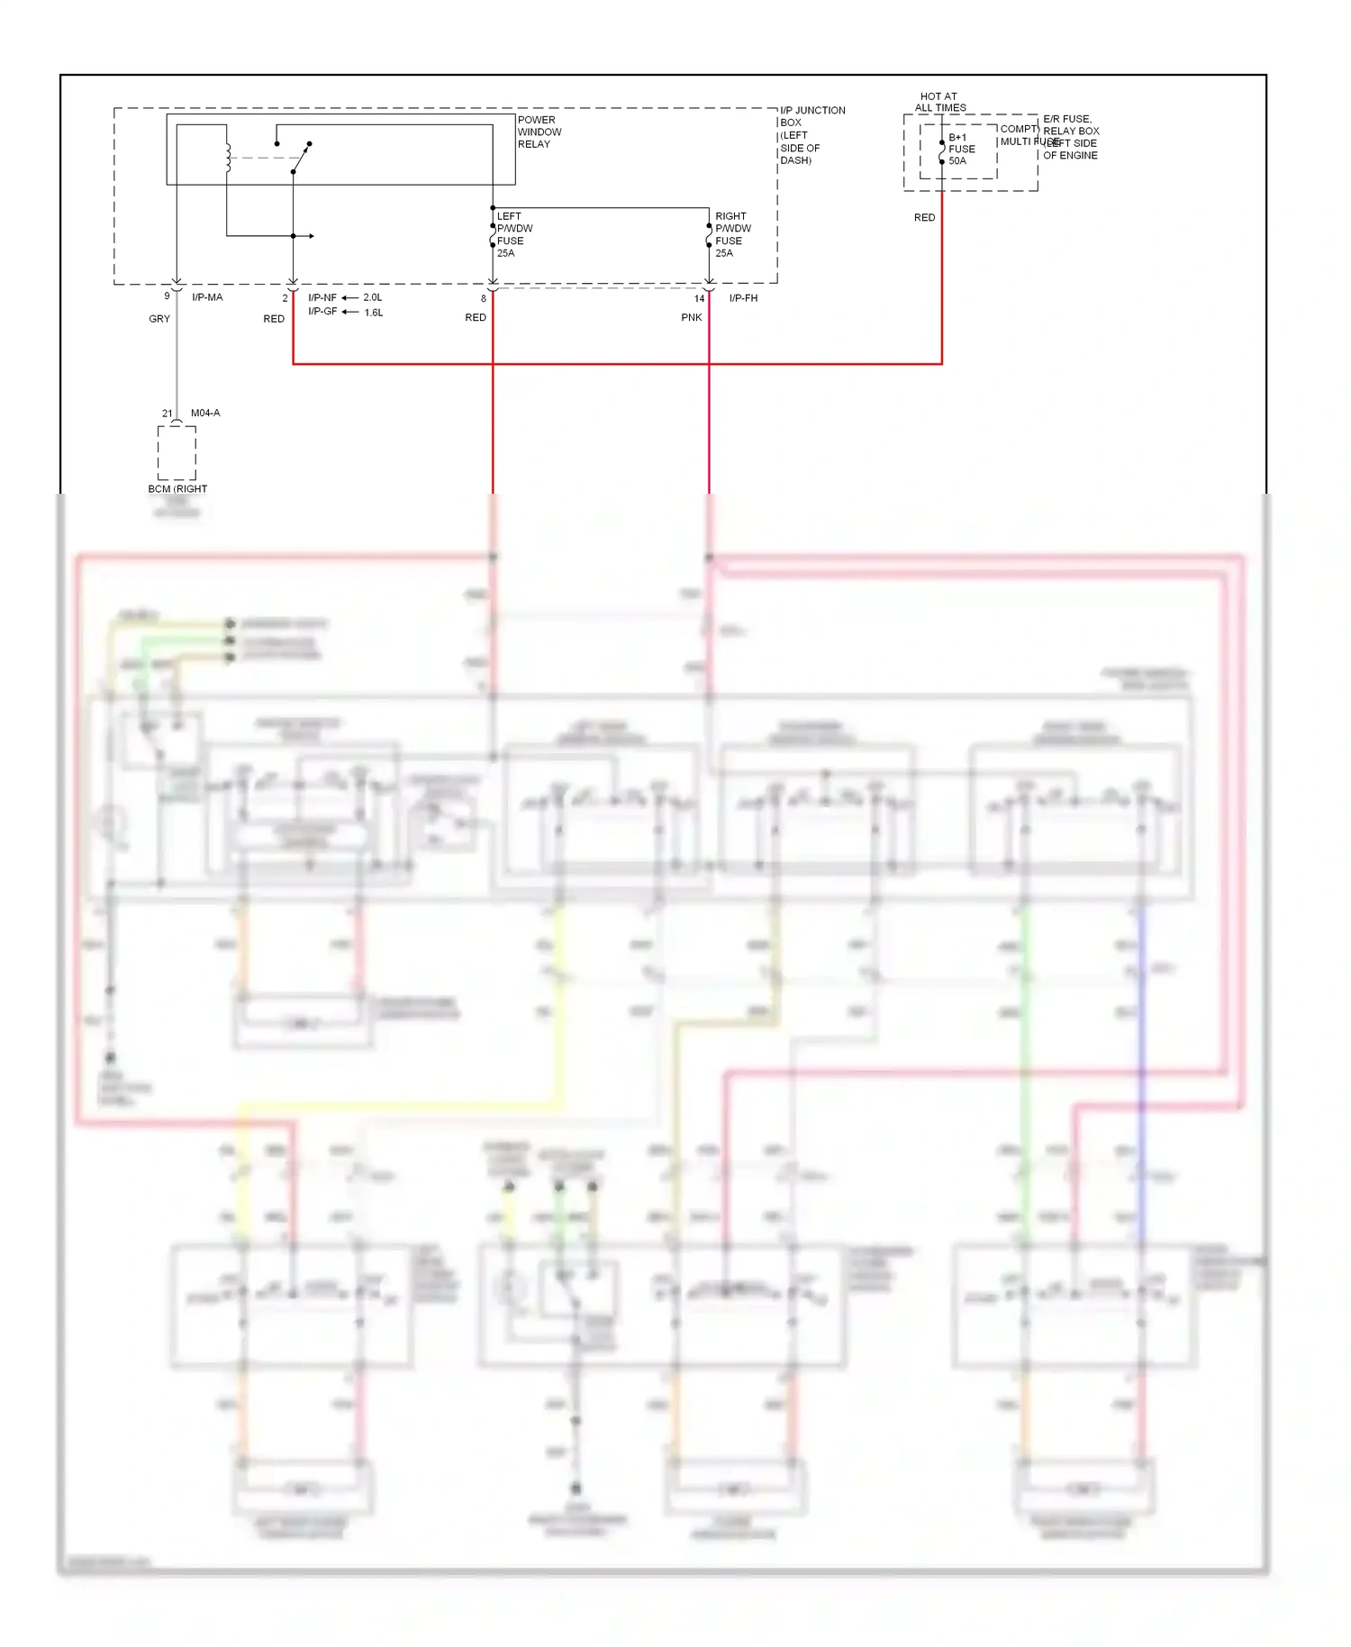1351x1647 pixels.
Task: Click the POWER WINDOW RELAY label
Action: click(539, 132)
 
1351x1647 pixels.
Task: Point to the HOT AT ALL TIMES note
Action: click(939, 102)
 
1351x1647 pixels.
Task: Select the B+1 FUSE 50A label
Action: click(961, 150)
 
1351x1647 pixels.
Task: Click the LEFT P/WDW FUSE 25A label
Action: click(513, 234)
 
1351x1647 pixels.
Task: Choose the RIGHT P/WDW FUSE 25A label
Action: click(732, 234)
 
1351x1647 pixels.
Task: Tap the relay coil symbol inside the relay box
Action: click(228, 156)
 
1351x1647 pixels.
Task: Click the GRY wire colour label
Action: click(159, 319)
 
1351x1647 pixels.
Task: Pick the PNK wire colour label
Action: click(691, 317)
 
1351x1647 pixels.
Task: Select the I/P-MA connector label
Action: click(207, 297)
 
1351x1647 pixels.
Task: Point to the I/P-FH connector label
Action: click(743, 298)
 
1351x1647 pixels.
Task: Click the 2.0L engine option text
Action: click(373, 297)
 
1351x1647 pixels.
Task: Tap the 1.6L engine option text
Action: click(374, 313)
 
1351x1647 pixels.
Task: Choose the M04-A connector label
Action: click(205, 413)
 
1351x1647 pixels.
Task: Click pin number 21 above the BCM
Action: click(168, 414)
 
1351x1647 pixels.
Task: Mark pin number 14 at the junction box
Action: click(699, 299)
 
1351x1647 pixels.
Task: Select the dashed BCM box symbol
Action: click(177, 452)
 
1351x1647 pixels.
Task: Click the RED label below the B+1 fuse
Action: click(924, 218)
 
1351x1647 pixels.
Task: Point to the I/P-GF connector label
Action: click(322, 312)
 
